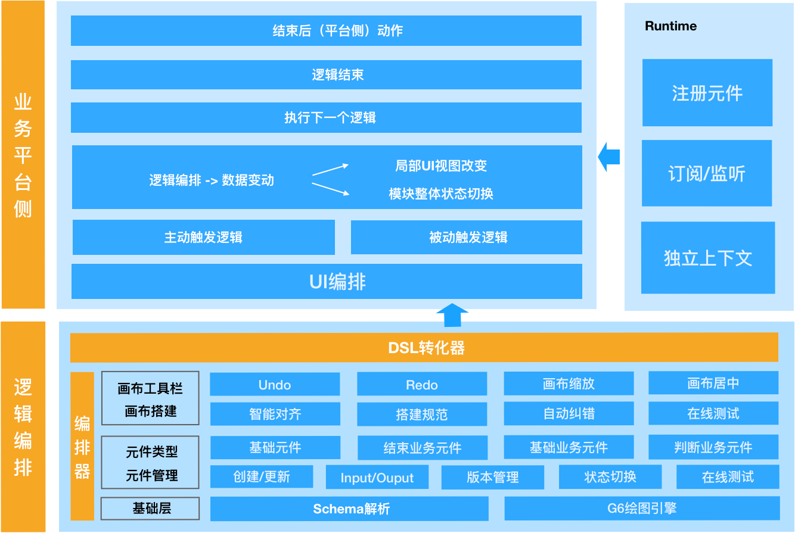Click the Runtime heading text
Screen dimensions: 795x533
point(670,26)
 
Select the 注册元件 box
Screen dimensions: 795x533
point(707,93)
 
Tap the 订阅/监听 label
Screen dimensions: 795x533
point(707,174)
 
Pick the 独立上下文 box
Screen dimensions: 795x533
point(708,258)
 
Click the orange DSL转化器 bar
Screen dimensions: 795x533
point(424,348)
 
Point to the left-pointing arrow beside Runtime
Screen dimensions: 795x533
point(609,157)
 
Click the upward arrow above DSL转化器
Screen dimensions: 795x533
point(452,314)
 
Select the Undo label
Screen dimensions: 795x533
point(275,385)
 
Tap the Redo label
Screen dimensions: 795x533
point(422,385)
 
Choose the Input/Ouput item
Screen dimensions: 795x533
point(377,478)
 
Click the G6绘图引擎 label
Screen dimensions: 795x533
point(642,508)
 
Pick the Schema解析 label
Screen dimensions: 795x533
point(352,509)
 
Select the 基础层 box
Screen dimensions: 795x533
point(150,509)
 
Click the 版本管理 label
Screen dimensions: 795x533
point(493,477)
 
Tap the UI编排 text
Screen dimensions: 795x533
point(337,282)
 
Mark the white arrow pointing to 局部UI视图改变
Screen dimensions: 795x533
point(330,170)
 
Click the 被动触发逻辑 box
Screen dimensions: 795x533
point(468,238)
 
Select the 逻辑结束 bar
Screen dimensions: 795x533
point(338,75)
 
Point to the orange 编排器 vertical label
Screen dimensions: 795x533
point(82,447)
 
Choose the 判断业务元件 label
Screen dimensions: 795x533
point(713,448)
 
